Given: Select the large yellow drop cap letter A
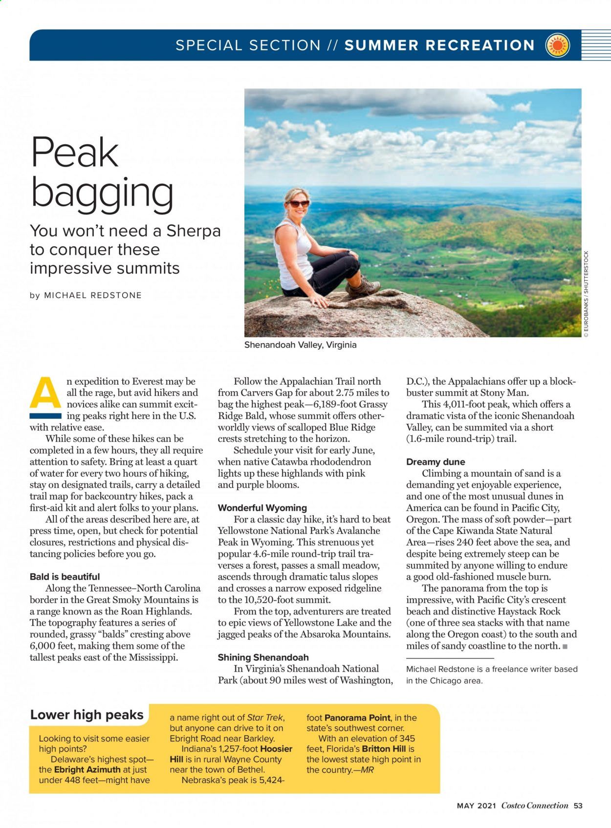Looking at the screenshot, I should click(x=45, y=393).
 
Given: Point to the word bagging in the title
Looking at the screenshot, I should click(x=102, y=194).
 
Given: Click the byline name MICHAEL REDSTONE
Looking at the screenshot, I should click(x=93, y=295).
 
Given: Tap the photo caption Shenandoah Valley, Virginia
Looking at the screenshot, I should click(x=300, y=345).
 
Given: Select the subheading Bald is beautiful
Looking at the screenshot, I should click(x=65, y=577).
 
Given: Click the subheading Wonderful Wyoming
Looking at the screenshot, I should click(x=262, y=508).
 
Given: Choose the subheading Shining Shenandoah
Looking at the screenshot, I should click(x=263, y=657).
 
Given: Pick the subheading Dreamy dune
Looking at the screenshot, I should click(x=436, y=462).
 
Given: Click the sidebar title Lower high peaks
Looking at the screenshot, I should click(x=87, y=715).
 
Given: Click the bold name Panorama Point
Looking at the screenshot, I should click(x=357, y=718).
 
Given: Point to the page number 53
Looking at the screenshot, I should click(x=578, y=806).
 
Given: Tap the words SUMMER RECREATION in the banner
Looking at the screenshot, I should click(x=439, y=45).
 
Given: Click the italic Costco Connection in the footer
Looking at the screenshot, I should click(x=535, y=806).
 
